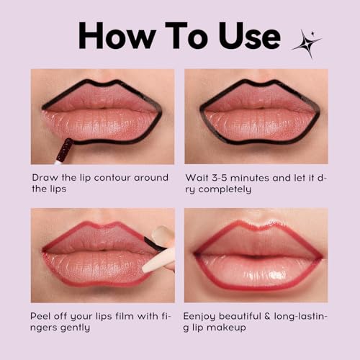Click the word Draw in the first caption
pos(45,177)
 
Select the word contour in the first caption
pos(115,177)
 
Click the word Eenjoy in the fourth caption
pos(204,316)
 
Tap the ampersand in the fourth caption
pos(284,316)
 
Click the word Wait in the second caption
pos(197,177)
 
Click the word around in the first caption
pos(152,177)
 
